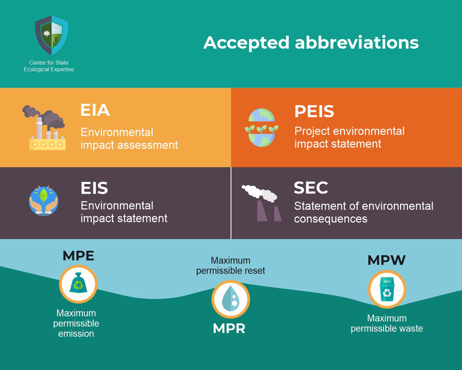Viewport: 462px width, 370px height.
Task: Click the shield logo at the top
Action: tap(51, 35)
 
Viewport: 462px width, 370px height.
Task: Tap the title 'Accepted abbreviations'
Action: tap(311, 42)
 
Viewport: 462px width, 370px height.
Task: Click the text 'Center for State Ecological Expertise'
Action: tap(49, 66)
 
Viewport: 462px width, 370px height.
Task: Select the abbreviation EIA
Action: tap(95, 110)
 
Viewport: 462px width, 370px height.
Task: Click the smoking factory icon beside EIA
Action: tap(45, 128)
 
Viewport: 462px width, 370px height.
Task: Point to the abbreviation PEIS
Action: tap(314, 111)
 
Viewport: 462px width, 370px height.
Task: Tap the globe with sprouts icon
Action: tap(261, 128)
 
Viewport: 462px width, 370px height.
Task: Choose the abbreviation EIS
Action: tap(94, 188)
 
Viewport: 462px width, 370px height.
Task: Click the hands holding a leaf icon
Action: tap(43, 201)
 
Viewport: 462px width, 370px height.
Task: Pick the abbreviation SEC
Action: tap(311, 188)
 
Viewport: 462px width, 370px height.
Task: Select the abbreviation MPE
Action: tap(78, 256)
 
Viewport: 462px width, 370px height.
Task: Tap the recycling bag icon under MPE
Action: tap(78, 284)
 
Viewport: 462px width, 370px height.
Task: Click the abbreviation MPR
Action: tap(229, 329)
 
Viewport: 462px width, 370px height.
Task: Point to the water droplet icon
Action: tap(231, 299)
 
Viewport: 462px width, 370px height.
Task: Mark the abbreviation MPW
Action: tap(386, 260)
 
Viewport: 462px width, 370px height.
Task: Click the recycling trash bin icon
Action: tap(387, 289)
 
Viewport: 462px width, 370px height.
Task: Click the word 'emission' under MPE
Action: tap(76, 334)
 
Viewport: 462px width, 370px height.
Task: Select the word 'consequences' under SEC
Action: tap(331, 219)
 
